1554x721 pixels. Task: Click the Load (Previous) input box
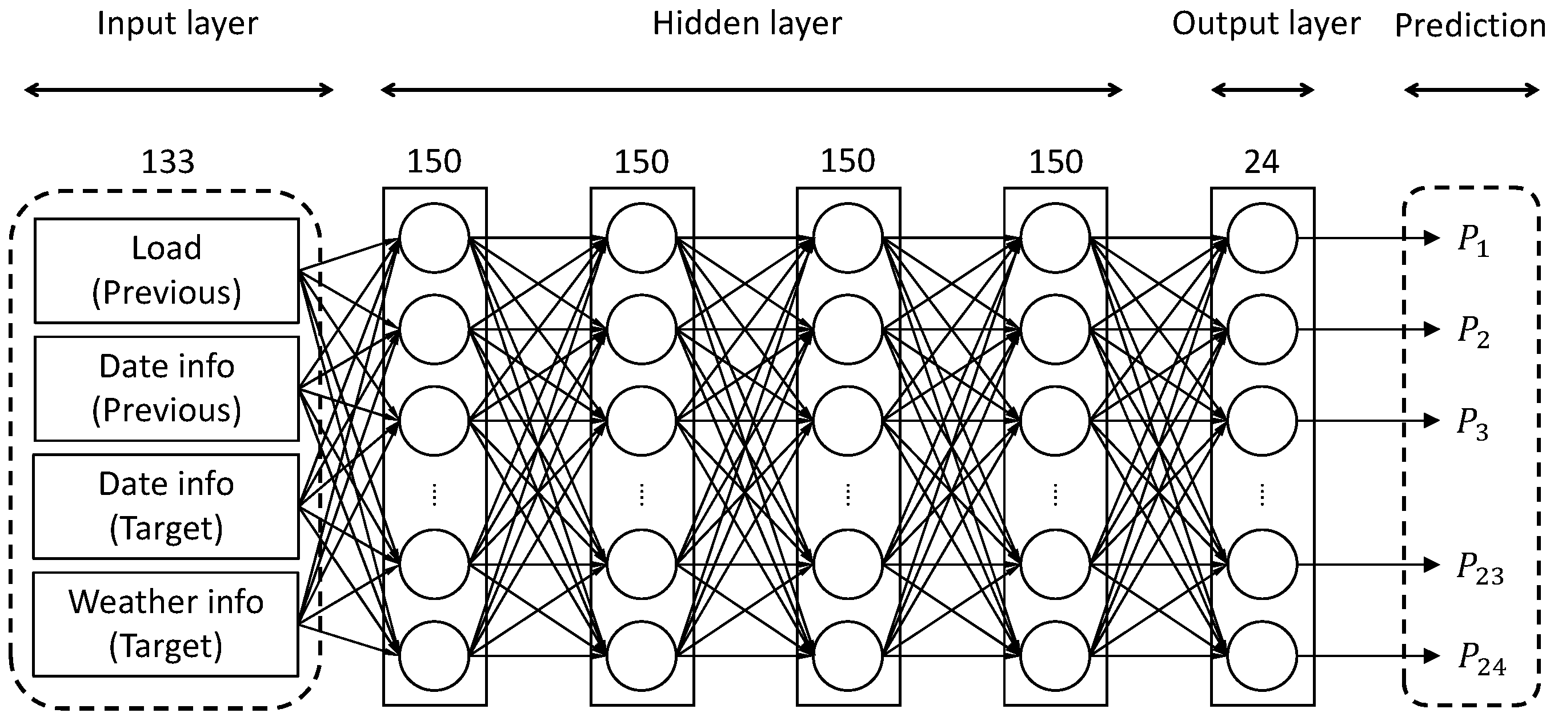[166, 271]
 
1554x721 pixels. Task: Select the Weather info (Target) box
[166, 624]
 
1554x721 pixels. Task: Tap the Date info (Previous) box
[166, 388]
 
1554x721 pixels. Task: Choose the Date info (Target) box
[166, 506]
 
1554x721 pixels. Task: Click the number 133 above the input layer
[168, 162]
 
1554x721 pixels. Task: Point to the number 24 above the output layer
[1261, 162]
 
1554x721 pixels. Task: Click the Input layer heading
[177, 24]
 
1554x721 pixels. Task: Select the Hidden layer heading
[747, 24]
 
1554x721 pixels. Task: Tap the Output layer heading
[1265, 24]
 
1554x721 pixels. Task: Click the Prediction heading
[1470, 26]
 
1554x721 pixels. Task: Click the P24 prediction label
[1481, 659]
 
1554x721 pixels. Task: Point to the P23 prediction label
[1480, 569]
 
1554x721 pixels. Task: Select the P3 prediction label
[1472, 423]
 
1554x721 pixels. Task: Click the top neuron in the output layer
[1262, 238]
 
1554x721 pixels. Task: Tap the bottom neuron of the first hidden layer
[434, 656]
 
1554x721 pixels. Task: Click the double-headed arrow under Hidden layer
[751, 90]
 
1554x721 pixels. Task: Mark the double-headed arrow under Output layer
[1263, 90]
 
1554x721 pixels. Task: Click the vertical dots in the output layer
[1262, 494]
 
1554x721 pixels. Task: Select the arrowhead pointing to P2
[1432, 329]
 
